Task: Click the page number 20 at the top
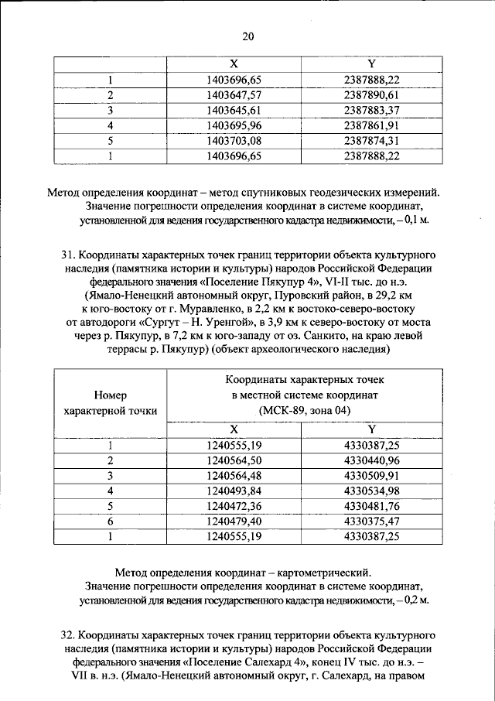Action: point(247,36)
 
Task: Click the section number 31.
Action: point(67,254)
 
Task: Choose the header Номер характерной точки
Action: point(111,402)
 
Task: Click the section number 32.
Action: point(67,634)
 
